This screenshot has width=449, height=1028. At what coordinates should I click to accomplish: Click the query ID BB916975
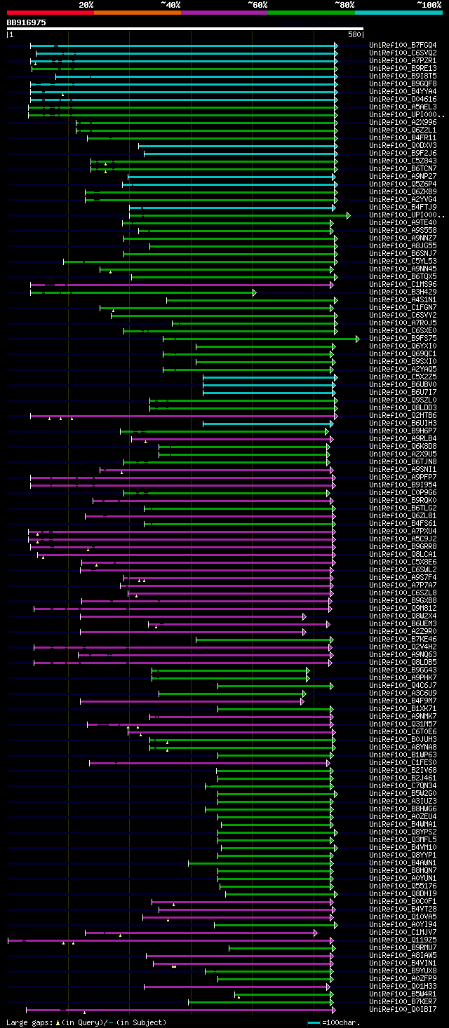[x=27, y=22]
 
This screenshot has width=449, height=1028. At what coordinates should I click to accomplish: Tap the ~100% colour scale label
[x=429, y=4]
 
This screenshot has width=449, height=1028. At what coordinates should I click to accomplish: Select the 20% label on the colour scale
[x=86, y=4]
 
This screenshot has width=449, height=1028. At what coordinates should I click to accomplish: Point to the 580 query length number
[x=354, y=34]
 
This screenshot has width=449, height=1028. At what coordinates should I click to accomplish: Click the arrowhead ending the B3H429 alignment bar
[x=254, y=292]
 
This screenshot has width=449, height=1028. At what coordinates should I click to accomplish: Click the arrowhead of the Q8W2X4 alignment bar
[x=304, y=616]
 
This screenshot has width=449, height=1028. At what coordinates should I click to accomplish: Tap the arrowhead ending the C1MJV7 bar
[x=315, y=933]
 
